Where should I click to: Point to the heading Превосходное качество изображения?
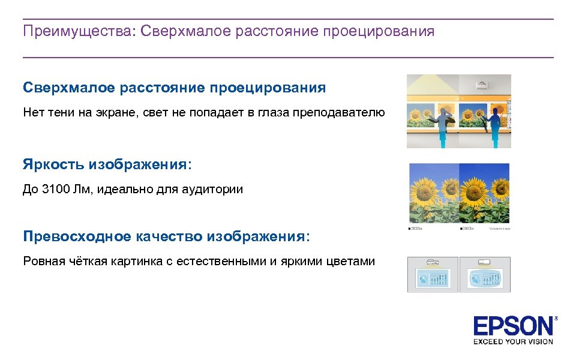coord(166,236)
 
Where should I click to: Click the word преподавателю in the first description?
coord(338,112)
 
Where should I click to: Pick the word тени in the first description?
coord(60,112)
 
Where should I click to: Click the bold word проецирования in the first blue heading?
coord(268,88)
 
